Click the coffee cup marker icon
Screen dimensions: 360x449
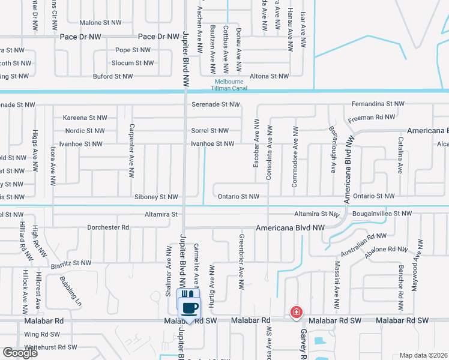click(190, 307)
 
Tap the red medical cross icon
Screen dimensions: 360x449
click(296, 312)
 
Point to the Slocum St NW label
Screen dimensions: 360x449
click(133, 63)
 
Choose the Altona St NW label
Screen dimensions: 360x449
click(270, 76)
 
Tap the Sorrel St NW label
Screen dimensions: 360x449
click(210, 131)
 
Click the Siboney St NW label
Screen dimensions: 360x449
click(156, 197)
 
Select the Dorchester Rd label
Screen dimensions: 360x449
click(108, 227)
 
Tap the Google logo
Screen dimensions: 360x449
click(20, 353)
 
